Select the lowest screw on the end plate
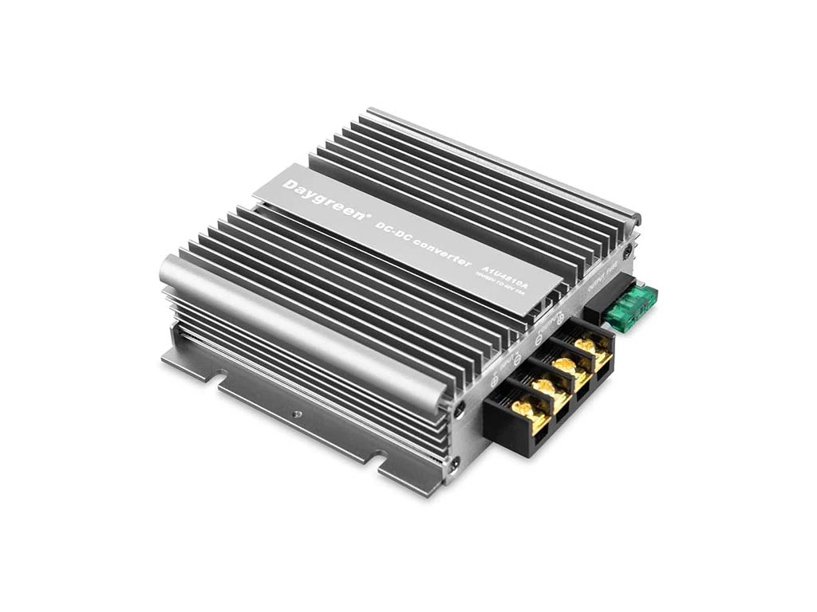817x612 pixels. tap(454, 462)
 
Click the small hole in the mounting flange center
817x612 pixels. tap(298, 414)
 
